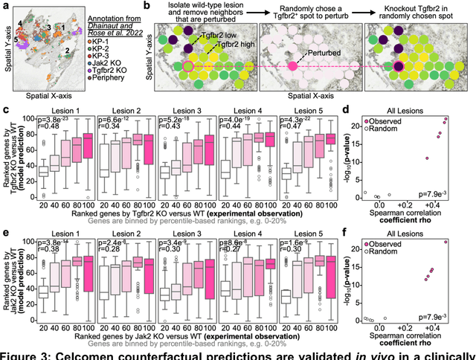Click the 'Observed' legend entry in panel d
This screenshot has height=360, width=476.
pos(385,120)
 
